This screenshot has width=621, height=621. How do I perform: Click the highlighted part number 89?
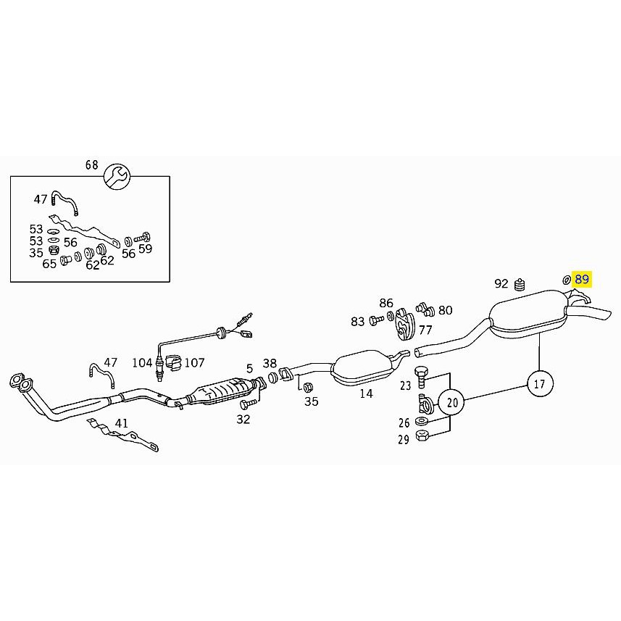tap(582, 279)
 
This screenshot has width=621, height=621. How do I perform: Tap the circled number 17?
tap(540, 383)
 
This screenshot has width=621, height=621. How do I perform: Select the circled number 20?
tap(452, 403)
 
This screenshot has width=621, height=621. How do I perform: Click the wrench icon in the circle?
tap(117, 176)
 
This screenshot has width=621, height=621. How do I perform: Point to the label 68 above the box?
tap(91, 164)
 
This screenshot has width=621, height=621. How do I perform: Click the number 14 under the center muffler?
tap(367, 393)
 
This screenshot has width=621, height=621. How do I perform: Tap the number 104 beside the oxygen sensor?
tap(142, 362)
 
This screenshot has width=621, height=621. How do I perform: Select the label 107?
tap(194, 362)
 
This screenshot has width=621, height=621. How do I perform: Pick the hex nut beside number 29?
tap(422, 436)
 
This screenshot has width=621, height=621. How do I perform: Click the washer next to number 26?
tap(421, 420)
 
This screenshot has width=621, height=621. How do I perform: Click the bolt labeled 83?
tap(376, 320)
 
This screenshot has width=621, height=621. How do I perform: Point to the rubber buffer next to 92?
tap(520, 284)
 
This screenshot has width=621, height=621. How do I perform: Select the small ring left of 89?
tap(567, 280)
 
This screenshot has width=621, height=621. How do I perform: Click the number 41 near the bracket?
tap(122, 423)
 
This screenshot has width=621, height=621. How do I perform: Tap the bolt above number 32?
tap(248, 404)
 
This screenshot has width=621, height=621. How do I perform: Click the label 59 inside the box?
tap(146, 249)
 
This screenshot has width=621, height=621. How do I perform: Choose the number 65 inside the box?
tap(49, 264)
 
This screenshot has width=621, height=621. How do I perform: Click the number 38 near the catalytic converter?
tap(270, 363)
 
